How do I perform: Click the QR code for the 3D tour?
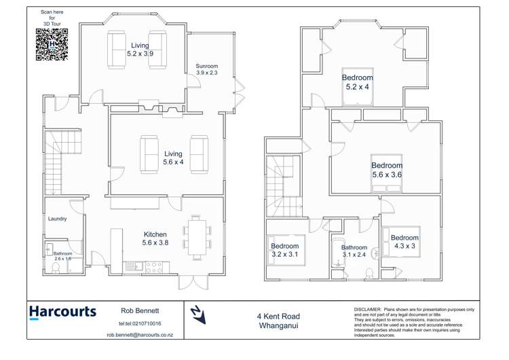[52, 46]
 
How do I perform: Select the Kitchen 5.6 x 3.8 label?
[155, 238]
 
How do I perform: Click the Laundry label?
[58, 219]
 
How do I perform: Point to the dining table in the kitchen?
[197, 238]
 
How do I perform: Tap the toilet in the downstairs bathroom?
[56, 269]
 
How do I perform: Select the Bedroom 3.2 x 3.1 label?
[284, 250]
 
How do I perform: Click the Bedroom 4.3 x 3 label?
[404, 242]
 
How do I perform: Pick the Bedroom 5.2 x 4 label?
[357, 82]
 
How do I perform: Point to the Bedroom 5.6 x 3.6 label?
[387, 170]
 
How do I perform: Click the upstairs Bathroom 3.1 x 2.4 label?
[354, 251]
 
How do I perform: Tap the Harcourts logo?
[62, 312]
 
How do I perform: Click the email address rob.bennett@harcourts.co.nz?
[140, 335]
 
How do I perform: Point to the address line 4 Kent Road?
[278, 316]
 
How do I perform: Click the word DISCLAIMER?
[369, 309]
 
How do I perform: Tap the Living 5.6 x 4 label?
[173, 158]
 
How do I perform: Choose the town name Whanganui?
[278, 326]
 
